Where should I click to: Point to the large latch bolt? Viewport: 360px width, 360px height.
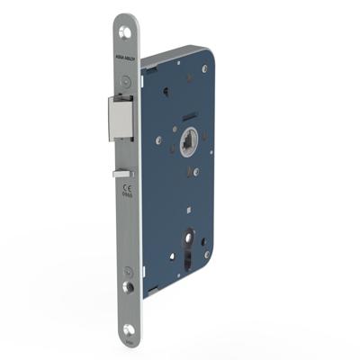click(x=121, y=119)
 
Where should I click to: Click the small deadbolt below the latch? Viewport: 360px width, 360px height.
click(x=121, y=173)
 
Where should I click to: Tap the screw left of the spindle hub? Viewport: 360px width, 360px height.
click(x=159, y=140)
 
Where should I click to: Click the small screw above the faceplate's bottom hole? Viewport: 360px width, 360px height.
click(x=128, y=272)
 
